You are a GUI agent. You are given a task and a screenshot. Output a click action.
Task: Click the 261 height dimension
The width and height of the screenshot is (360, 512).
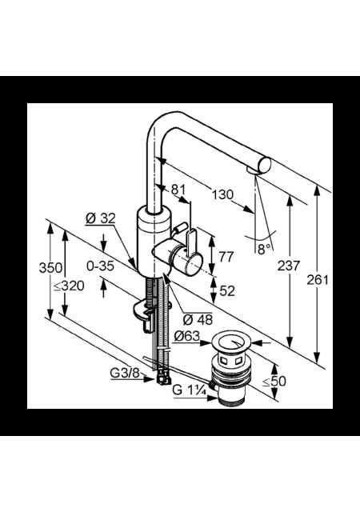(318, 280)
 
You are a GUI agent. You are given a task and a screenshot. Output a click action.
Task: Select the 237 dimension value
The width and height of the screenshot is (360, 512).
(289, 266)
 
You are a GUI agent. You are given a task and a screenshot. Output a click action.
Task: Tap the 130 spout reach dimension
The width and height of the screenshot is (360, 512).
(222, 195)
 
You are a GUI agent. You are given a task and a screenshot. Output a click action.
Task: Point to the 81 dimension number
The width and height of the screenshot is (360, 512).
(178, 190)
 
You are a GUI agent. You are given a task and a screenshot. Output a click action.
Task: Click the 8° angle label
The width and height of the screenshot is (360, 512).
(264, 250)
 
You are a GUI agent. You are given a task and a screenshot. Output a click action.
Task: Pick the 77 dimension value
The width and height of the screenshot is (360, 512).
(226, 257)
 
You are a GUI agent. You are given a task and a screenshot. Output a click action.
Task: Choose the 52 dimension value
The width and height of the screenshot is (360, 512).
(227, 290)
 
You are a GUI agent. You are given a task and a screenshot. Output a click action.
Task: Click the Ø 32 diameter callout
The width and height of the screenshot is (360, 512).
(101, 218)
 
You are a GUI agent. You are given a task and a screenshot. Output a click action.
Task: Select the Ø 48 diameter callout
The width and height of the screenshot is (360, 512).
(198, 320)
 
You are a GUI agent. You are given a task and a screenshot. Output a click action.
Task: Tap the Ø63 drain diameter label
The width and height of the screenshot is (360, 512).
(186, 336)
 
